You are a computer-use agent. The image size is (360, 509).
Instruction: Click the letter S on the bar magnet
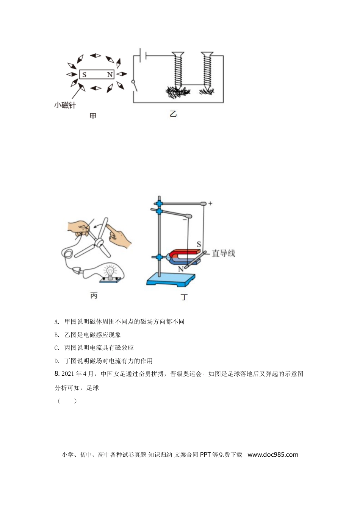pyautogui.click(x=84, y=75)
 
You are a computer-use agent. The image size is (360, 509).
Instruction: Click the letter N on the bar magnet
pyautogui.click(x=110, y=75)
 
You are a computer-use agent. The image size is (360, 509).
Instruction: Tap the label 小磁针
pyautogui.click(x=65, y=105)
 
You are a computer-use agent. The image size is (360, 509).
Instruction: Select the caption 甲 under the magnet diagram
pyautogui.click(x=93, y=116)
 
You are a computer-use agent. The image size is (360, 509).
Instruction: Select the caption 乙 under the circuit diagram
pyautogui.click(x=173, y=114)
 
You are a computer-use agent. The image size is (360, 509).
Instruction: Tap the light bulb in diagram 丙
pyautogui.click(x=110, y=272)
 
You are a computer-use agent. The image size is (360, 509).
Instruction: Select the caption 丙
pyautogui.click(x=94, y=295)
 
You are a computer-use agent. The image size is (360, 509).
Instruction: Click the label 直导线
pyautogui.click(x=223, y=253)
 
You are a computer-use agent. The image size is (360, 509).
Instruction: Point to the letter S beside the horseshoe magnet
pyautogui.click(x=199, y=244)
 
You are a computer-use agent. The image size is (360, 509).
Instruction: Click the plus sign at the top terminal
pyautogui.click(x=210, y=203)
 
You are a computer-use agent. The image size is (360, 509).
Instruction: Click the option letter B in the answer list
pyautogui.click(x=56, y=335)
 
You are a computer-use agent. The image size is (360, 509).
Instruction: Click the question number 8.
pyautogui.click(x=57, y=374)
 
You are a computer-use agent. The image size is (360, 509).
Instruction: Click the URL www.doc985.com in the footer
pyautogui.click(x=273, y=454)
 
